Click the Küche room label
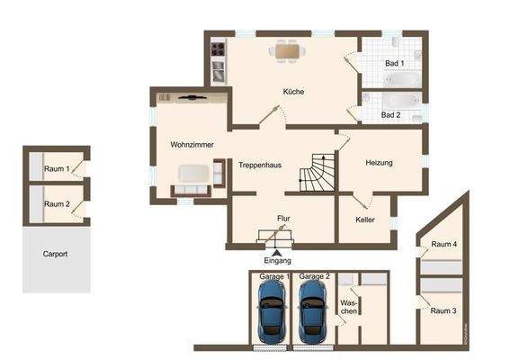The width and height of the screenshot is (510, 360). pyautogui.click(x=294, y=92)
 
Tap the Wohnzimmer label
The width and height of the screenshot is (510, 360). pyautogui.click(x=191, y=144)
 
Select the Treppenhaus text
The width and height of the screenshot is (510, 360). pyautogui.click(x=261, y=165)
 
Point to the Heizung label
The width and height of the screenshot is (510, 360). pyautogui.click(x=380, y=163)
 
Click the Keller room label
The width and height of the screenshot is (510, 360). pyautogui.click(x=365, y=220)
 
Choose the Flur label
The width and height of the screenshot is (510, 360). pyautogui.click(x=283, y=218)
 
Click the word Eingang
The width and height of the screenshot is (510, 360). pyautogui.click(x=278, y=260)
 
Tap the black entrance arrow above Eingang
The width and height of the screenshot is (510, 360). pyautogui.click(x=278, y=251)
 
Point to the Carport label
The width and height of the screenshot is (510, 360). pyautogui.click(x=55, y=254)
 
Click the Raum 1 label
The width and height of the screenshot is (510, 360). pyautogui.click(x=57, y=169)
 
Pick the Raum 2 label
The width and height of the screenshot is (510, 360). pyautogui.click(x=57, y=204)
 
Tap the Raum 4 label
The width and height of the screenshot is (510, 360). pyautogui.click(x=444, y=244)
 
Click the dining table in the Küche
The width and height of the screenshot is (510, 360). pyautogui.click(x=288, y=51)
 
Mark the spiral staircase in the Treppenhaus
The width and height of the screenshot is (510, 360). pyautogui.click(x=318, y=173)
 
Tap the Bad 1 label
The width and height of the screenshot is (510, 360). pyautogui.click(x=394, y=64)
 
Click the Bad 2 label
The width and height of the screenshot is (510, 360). pyautogui.click(x=390, y=115)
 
